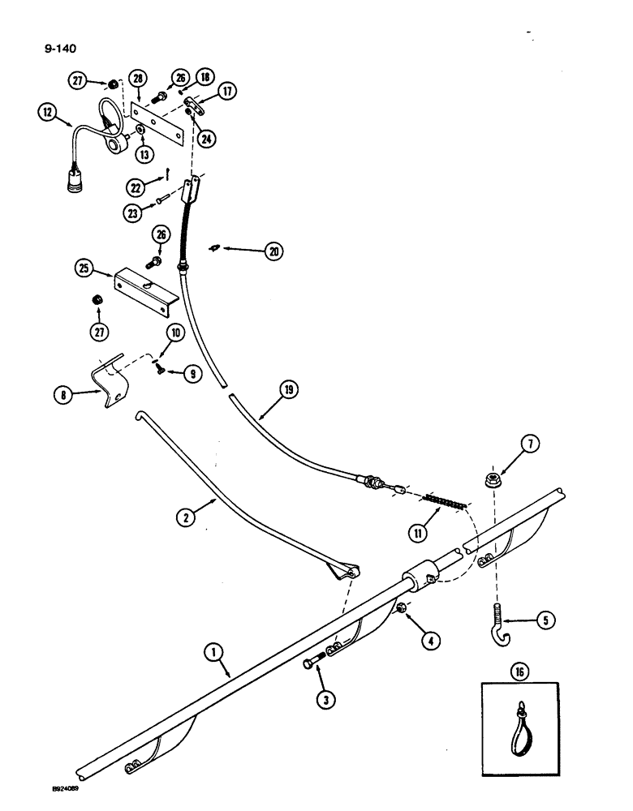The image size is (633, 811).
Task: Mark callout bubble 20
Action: click(x=270, y=253)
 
